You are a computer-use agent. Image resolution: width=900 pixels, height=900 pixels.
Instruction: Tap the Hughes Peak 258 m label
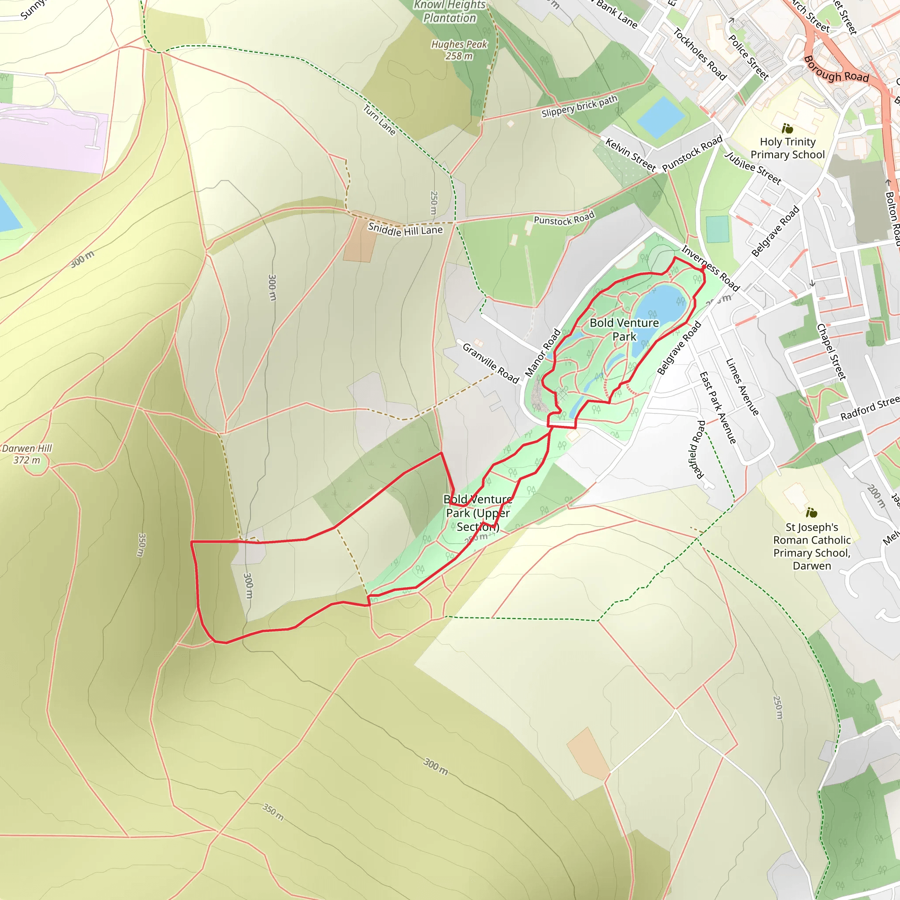click(459, 50)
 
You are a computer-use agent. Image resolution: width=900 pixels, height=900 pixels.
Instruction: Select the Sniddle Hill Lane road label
click(405, 230)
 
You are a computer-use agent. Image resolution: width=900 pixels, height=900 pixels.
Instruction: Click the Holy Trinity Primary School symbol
click(787, 128)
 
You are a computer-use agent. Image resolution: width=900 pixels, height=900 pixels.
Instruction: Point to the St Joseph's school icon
click(811, 513)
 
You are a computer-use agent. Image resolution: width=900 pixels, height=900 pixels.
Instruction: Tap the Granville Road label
click(490, 363)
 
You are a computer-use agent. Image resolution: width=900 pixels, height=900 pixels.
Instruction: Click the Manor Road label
click(543, 352)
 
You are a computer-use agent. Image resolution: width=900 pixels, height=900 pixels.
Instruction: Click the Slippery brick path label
click(579, 106)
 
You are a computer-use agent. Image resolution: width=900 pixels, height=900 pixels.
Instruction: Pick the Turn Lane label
click(379, 120)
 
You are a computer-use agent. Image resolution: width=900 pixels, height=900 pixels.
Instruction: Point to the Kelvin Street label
click(630, 155)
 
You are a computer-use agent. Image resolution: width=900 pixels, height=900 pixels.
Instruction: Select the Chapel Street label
click(831, 352)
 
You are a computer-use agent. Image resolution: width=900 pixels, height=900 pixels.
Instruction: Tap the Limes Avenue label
click(742, 387)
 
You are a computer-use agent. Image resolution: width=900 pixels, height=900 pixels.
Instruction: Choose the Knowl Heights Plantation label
click(450, 12)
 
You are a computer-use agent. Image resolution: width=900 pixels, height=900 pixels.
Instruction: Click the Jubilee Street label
click(752, 168)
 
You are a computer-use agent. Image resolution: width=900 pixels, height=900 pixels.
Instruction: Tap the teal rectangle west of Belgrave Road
click(717, 229)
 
